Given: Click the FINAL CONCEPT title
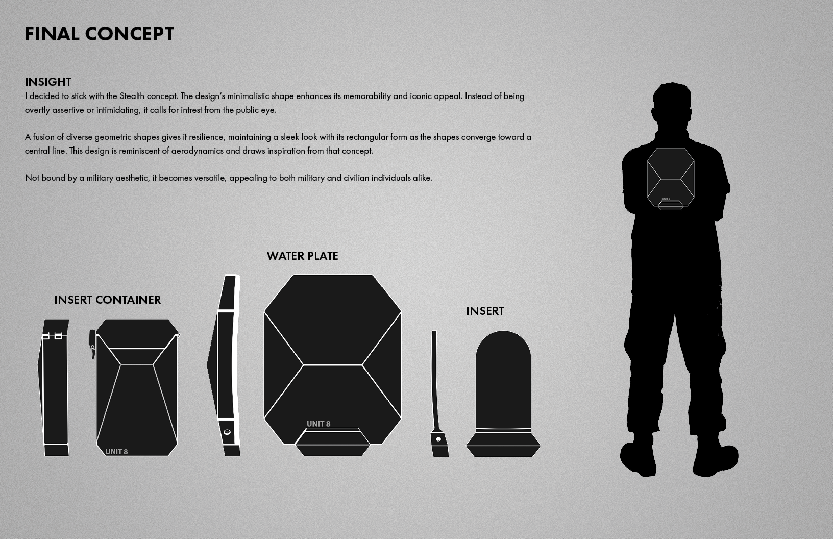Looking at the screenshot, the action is point(100,34).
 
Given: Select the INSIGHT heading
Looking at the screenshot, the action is point(48,82).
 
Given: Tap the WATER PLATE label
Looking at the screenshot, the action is point(302,256).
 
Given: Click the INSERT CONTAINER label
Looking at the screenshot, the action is point(108,300).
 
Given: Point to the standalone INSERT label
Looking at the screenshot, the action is point(485,311).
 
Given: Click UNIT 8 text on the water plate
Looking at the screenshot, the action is point(318,424).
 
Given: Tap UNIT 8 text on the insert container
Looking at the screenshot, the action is point(116,452).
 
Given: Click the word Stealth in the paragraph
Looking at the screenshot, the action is point(132,96).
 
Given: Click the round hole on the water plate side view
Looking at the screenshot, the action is point(227,432).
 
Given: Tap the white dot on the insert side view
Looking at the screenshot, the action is point(438,439).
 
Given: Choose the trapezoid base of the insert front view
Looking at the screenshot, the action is point(503,445).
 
